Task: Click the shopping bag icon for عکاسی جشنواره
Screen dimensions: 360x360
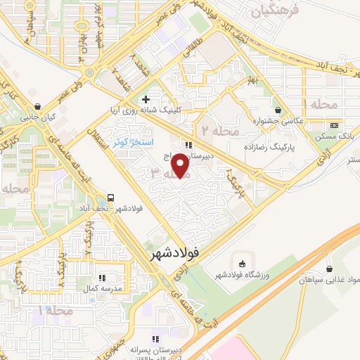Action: [278, 110]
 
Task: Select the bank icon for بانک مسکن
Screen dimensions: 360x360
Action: [333, 125]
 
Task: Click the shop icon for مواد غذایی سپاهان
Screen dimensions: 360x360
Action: [330, 269]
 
